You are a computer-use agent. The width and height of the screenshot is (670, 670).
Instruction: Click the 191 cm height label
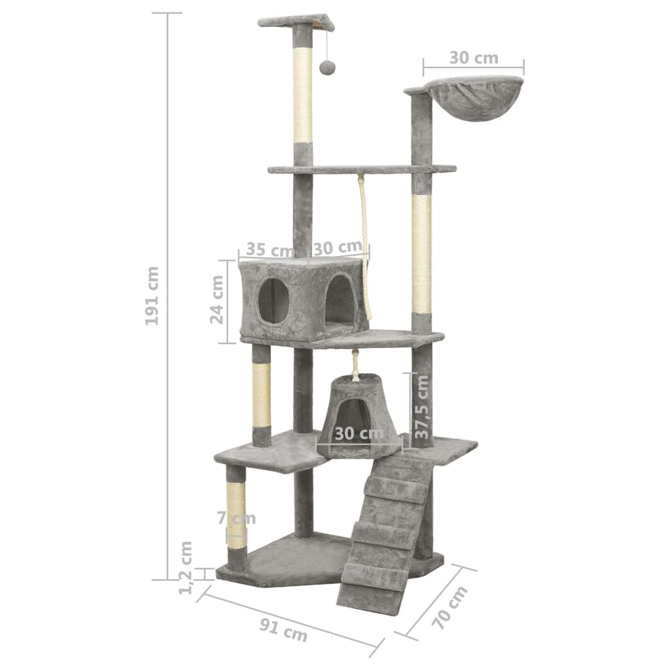point(152,296)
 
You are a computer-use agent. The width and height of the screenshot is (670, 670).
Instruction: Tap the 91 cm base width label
point(283,631)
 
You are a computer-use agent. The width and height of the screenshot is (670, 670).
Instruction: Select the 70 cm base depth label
point(450,607)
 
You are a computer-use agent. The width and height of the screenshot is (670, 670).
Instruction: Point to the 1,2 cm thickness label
point(185,567)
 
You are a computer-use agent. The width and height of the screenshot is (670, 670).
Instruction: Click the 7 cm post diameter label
point(236,518)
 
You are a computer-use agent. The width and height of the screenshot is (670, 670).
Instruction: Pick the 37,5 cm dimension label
point(422,406)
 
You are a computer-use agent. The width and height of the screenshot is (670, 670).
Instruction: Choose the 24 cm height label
point(217,300)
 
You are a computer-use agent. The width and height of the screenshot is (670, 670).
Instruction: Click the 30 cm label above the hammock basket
point(474,58)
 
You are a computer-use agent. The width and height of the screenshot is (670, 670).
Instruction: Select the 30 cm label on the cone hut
point(359,433)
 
